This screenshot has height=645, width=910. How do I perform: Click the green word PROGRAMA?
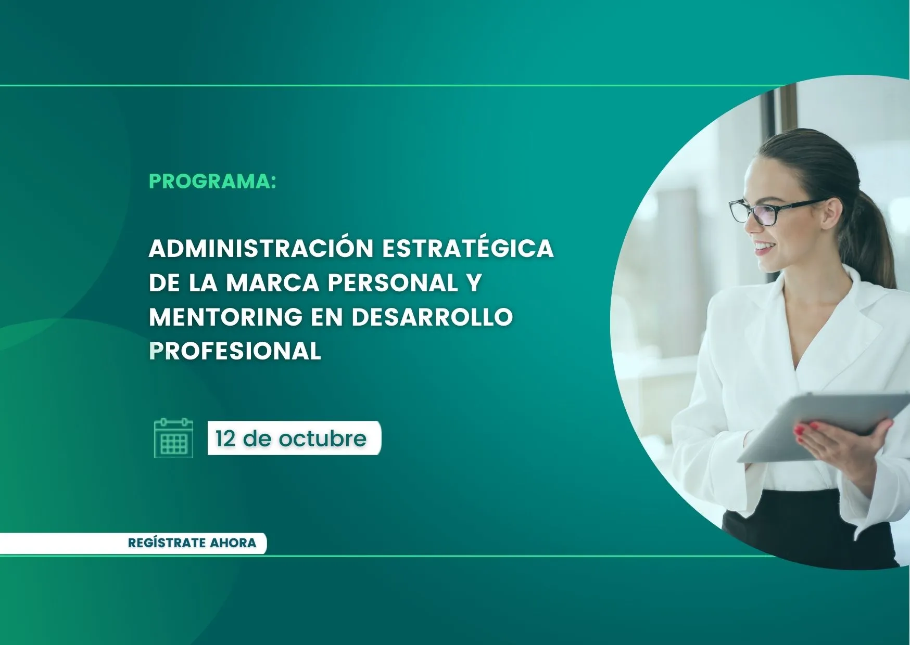(x=212, y=181)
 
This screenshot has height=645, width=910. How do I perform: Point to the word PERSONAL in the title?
(x=393, y=282)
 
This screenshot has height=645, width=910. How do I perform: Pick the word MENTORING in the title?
(x=226, y=317)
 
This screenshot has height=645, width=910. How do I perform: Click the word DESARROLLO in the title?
(x=432, y=317)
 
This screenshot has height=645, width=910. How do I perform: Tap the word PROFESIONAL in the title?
(x=235, y=351)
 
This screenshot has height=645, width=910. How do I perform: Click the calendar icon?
(x=174, y=438)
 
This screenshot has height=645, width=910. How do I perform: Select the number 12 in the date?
(x=225, y=438)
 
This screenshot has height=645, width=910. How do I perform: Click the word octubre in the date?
(x=322, y=438)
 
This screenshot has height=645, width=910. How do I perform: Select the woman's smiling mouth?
(x=764, y=247)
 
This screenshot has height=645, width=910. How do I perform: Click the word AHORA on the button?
(x=233, y=543)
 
